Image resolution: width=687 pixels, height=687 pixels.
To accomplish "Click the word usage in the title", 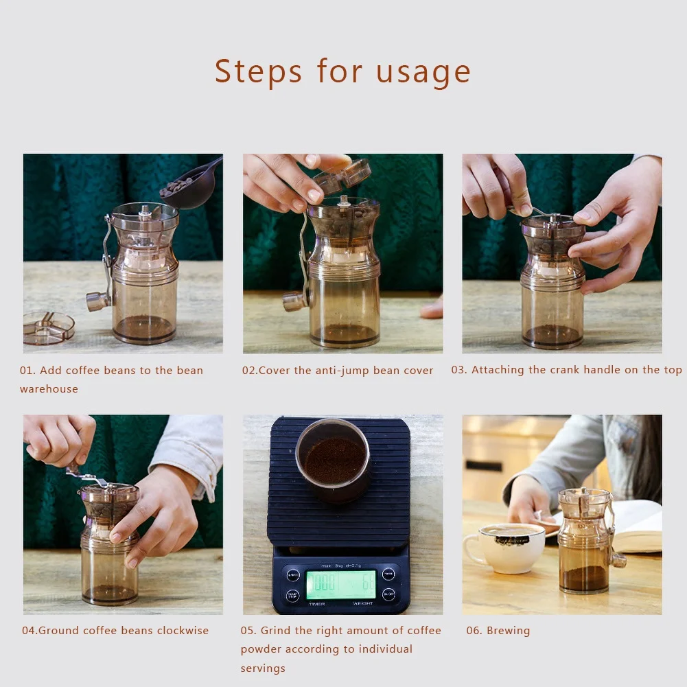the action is (423, 72).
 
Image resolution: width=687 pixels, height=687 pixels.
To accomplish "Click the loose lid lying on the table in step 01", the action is (48, 328).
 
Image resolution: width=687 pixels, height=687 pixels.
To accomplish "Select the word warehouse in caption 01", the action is (49, 389).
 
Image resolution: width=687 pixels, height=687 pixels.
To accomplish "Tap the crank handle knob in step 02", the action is (294, 302).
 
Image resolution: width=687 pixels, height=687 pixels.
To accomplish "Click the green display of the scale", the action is (341, 584).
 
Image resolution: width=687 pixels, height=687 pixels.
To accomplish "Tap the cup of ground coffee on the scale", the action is (333, 460).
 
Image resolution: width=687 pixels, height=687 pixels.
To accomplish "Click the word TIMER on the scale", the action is (317, 604).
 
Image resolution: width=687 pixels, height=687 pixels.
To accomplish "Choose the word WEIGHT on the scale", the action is (363, 604).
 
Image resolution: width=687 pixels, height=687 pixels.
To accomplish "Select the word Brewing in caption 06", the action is (509, 631).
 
